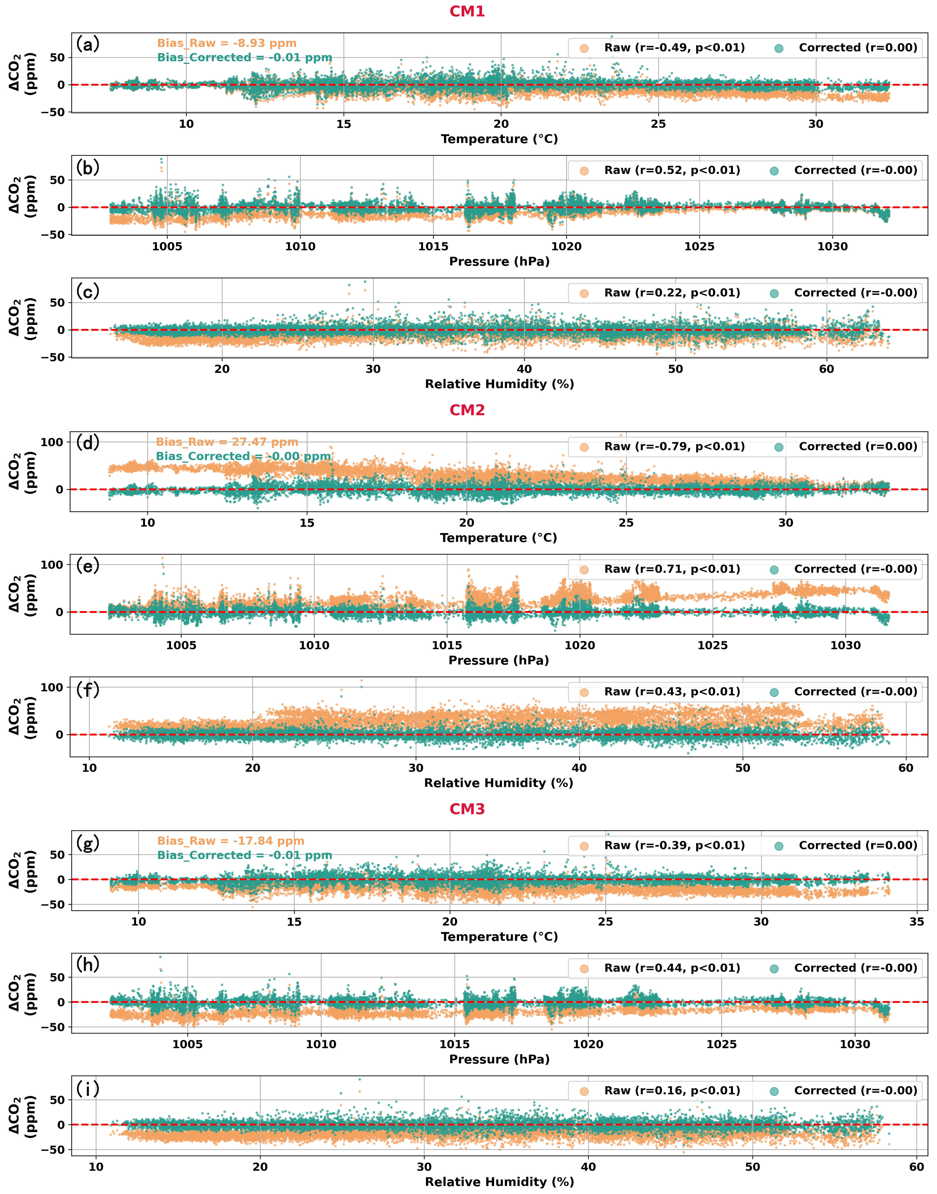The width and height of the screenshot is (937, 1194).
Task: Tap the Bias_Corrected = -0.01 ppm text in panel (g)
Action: pyautogui.click(x=245, y=855)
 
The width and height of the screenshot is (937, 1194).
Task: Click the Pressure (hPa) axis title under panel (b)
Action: pyautogui.click(x=499, y=262)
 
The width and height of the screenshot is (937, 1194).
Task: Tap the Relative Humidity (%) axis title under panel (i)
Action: pyautogui.click(x=499, y=1182)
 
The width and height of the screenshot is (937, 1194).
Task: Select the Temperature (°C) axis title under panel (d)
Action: pyautogui.click(x=498, y=538)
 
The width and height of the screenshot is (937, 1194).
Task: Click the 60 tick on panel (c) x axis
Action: pyautogui.click(x=826, y=369)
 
